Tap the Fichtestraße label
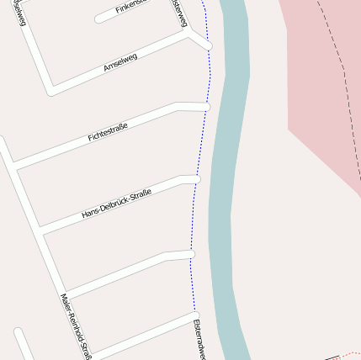point(108,131)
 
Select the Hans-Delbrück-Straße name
point(116,205)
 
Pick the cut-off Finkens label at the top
point(131,7)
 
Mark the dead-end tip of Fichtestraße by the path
point(205,107)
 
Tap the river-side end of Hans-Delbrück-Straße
point(196,179)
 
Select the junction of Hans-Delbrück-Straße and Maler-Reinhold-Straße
point(41,230)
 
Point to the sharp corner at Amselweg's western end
point(51,88)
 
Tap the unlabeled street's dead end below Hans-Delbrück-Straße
point(190,253)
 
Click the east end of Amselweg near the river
point(207,45)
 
